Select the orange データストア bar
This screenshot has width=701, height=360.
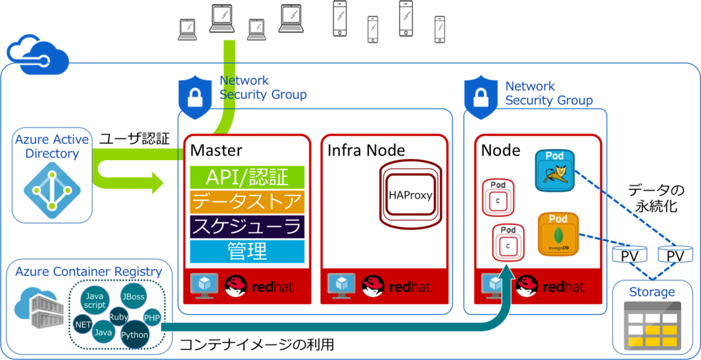click(x=246, y=201)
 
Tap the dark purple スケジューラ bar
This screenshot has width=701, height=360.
click(x=246, y=227)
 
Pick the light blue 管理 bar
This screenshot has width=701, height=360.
click(x=246, y=251)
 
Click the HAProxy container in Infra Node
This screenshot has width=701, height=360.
click(x=410, y=194)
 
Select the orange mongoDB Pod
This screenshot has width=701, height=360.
click(x=558, y=234)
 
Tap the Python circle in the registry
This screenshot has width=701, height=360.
click(x=134, y=334)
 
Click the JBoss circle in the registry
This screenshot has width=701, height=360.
click(x=133, y=297)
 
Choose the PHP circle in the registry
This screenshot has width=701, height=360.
click(x=152, y=318)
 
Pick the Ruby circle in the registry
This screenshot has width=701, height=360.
click(x=119, y=317)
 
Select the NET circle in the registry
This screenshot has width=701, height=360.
click(x=84, y=324)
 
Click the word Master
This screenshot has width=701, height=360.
click(x=216, y=150)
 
